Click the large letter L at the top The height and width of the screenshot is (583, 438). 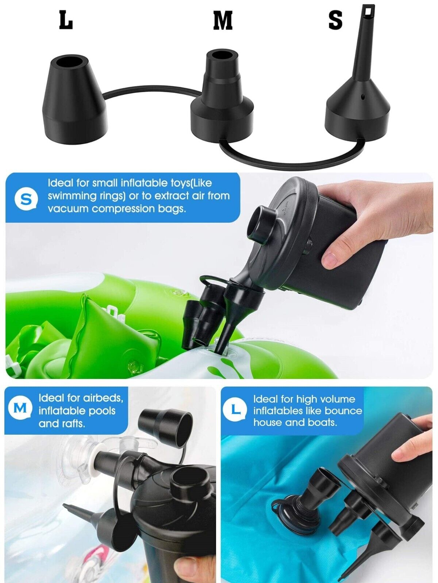[x=66, y=21]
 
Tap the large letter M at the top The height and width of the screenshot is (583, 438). [x=223, y=21]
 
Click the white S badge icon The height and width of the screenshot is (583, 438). [x=26, y=199]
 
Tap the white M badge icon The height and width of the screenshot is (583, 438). [x=20, y=408]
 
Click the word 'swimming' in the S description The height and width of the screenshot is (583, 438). [x=72, y=196]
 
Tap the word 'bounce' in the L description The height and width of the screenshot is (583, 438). [x=343, y=411]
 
